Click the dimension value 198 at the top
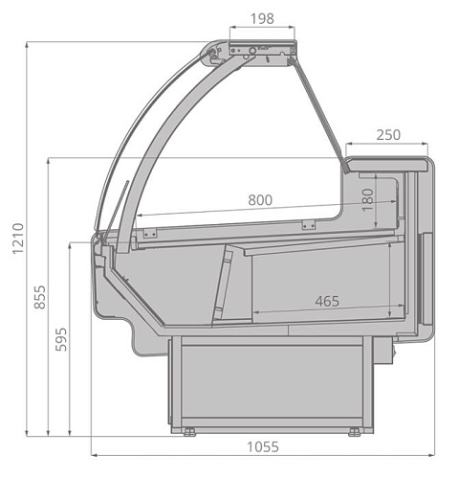click(262, 18)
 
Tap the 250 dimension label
click(388, 135)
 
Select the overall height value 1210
click(18, 239)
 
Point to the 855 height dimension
click(40, 297)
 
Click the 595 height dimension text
click(61, 339)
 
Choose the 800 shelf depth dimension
click(260, 200)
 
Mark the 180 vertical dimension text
click(367, 200)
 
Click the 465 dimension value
click(327, 301)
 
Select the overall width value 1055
click(263, 447)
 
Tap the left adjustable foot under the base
click(189, 432)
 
